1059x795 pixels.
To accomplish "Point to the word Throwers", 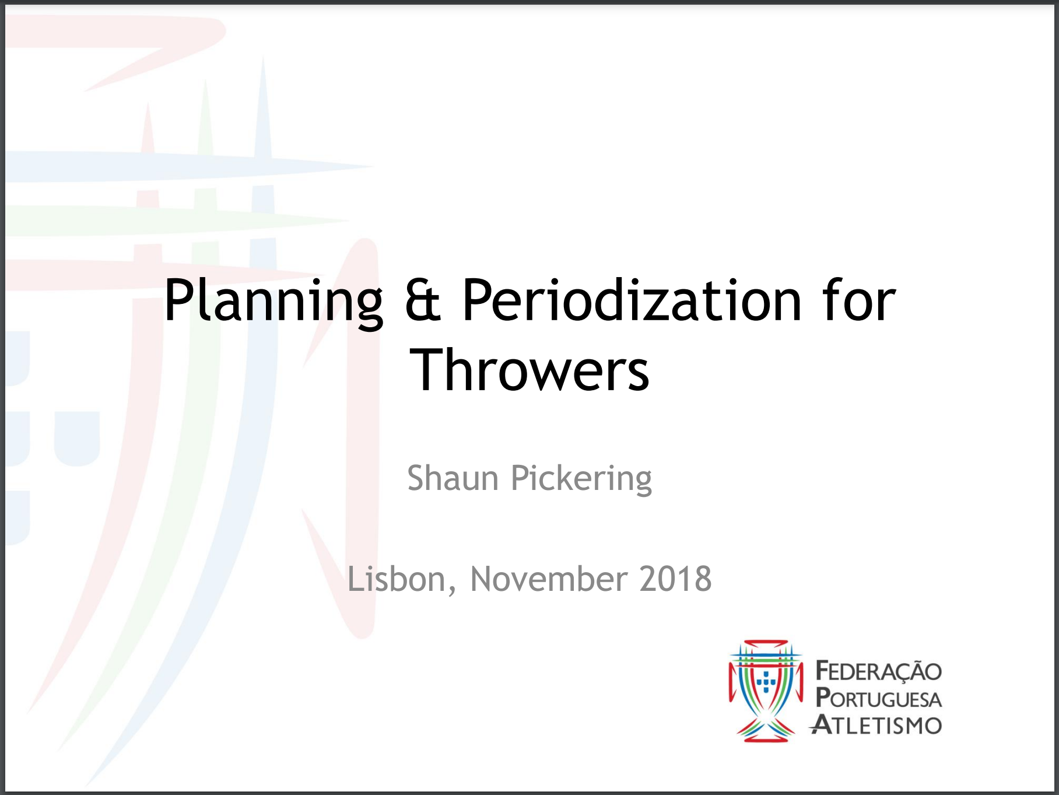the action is (x=529, y=370).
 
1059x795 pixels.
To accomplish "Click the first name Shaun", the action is (x=453, y=478).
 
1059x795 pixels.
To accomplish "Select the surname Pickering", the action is (x=581, y=479).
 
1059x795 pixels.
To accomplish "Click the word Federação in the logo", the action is (x=878, y=671).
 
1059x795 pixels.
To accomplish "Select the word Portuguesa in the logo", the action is (x=878, y=698).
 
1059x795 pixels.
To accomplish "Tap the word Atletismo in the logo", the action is (x=876, y=725).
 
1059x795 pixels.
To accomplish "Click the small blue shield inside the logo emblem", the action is (x=766, y=681).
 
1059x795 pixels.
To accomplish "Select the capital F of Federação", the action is (x=823, y=671).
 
